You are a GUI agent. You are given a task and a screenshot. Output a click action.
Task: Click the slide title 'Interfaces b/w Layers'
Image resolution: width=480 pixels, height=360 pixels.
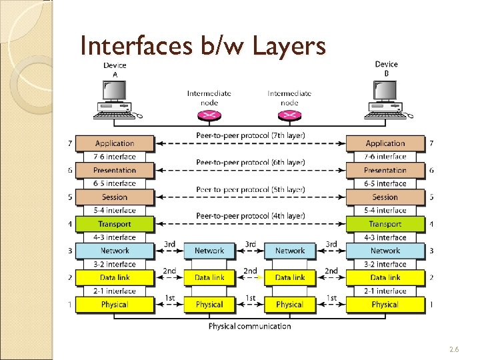coord(203,46)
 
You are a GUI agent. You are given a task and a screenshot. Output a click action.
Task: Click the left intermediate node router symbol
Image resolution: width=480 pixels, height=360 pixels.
coord(209,115)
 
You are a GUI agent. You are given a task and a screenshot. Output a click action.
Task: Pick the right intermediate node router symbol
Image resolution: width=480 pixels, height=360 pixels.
coord(289,115)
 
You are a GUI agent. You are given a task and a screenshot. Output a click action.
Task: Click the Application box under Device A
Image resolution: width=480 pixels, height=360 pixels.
coord(115,143)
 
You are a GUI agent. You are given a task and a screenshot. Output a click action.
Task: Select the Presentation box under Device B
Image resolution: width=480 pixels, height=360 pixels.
coord(385,170)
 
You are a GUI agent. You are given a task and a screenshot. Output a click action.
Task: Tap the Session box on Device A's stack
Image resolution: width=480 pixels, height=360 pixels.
coord(115,197)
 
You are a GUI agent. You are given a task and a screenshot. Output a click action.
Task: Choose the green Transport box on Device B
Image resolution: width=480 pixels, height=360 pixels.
coord(385,224)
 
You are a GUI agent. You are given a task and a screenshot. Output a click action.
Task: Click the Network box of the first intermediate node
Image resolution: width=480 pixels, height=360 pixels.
coord(209,251)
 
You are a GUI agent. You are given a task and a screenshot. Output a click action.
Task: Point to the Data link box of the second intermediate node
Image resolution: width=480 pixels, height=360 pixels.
coord(290,277)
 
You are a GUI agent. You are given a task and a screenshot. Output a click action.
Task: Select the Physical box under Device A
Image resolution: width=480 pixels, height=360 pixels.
coord(115,305)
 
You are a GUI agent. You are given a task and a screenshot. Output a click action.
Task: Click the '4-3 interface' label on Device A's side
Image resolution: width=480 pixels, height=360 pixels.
coord(115,237)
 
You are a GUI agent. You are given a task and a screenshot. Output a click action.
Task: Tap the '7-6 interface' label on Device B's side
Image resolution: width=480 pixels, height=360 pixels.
coord(385,157)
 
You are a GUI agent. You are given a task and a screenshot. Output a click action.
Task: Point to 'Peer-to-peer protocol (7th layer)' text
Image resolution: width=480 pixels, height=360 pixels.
coord(251,135)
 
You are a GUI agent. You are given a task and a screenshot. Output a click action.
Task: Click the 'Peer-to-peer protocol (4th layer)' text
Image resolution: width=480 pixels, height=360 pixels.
coord(251,216)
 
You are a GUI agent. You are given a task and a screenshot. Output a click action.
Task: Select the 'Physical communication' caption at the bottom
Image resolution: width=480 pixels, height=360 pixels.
coord(250,326)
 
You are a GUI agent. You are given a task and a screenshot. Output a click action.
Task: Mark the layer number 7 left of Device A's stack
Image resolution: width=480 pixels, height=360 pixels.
coord(69,143)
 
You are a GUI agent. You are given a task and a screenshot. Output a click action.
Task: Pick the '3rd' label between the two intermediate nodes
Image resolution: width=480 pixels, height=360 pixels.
coord(250,245)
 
